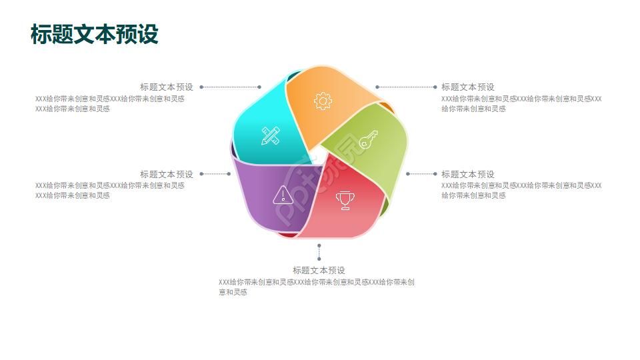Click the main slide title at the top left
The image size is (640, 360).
pos(94,34)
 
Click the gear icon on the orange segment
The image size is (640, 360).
pos(323,101)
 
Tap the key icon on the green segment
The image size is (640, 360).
pos(368,140)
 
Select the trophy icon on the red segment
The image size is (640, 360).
pos(345,200)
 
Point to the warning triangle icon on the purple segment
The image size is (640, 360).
pos(283,195)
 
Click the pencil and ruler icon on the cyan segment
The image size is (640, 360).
pos(271,135)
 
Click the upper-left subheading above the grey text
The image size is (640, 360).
pos(167,87)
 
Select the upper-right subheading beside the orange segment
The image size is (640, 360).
pos(468,87)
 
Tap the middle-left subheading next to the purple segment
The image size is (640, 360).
pos(167,174)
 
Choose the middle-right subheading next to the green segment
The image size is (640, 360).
pos(468,174)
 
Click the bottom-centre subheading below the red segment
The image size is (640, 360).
pos(319,270)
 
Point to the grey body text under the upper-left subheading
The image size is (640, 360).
pos(110,104)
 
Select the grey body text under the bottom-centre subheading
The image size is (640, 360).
pos(317,287)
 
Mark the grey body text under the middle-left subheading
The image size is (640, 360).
pos(110,191)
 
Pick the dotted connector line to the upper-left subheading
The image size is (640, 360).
pos(230,87)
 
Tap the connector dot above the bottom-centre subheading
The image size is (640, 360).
pos(319,259)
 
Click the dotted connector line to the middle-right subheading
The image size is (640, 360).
pos(421,174)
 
